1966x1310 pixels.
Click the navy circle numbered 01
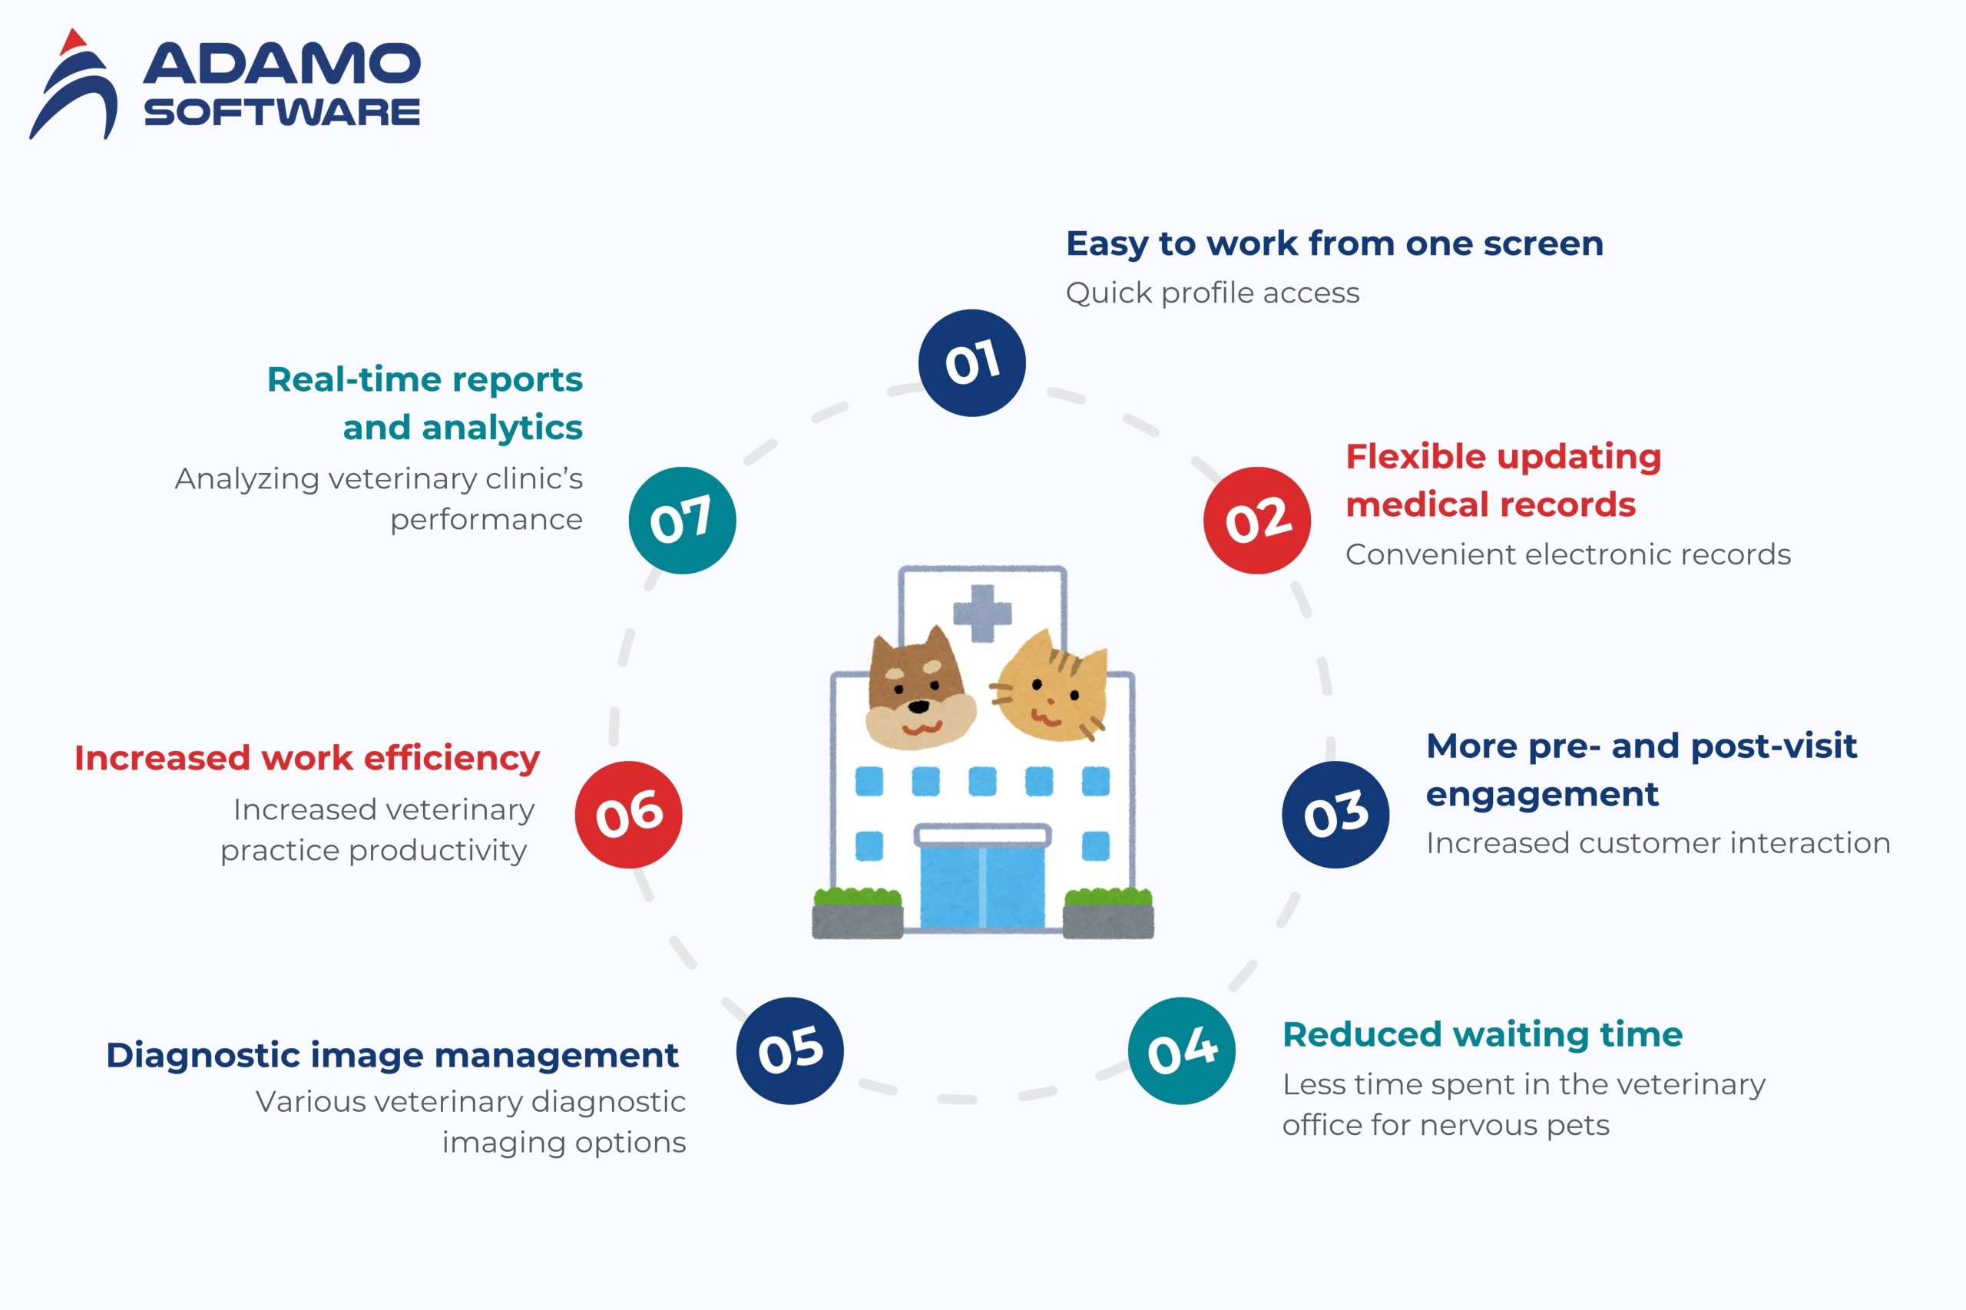[x=971, y=362]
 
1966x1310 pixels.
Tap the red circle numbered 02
[x=1256, y=520]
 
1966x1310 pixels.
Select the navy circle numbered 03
[x=1335, y=815]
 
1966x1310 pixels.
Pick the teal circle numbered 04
[x=1181, y=1050]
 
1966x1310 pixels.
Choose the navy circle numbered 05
[x=789, y=1050]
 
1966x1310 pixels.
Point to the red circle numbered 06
[x=628, y=815]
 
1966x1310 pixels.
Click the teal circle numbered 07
[x=682, y=520]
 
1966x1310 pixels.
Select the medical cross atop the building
[x=982, y=613]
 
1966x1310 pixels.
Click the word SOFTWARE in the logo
[x=282, y=112]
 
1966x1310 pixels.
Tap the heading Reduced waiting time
[x=1482, y=1034]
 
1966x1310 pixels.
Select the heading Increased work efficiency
[x=306, y=758]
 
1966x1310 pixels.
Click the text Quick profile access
[x=1213, y=293]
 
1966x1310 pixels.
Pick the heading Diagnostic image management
[x=392, y=1055]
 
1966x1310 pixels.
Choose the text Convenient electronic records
[x=1567, y=554]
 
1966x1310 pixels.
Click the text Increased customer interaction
[x=1658, y=843]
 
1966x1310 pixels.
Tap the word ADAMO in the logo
[x=282, y=64]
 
